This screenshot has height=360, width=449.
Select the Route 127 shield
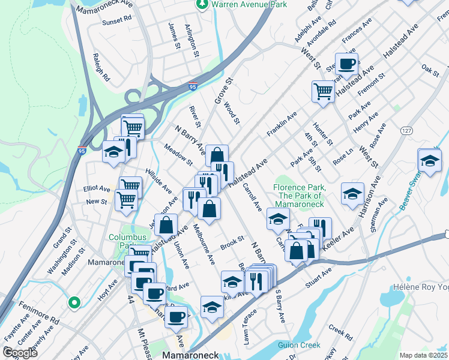pos(406,130)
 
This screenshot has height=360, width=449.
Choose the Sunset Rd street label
pos(116,21)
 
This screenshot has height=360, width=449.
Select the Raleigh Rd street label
pos(101,69)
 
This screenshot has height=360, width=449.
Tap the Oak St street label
pos(430,69)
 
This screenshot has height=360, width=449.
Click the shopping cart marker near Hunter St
pos(323,91)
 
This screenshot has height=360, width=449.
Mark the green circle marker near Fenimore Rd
pos(74,303)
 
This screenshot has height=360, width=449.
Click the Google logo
pos(20,353)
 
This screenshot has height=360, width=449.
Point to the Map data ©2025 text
pos(423,355)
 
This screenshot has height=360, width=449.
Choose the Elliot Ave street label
pos(97,187)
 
